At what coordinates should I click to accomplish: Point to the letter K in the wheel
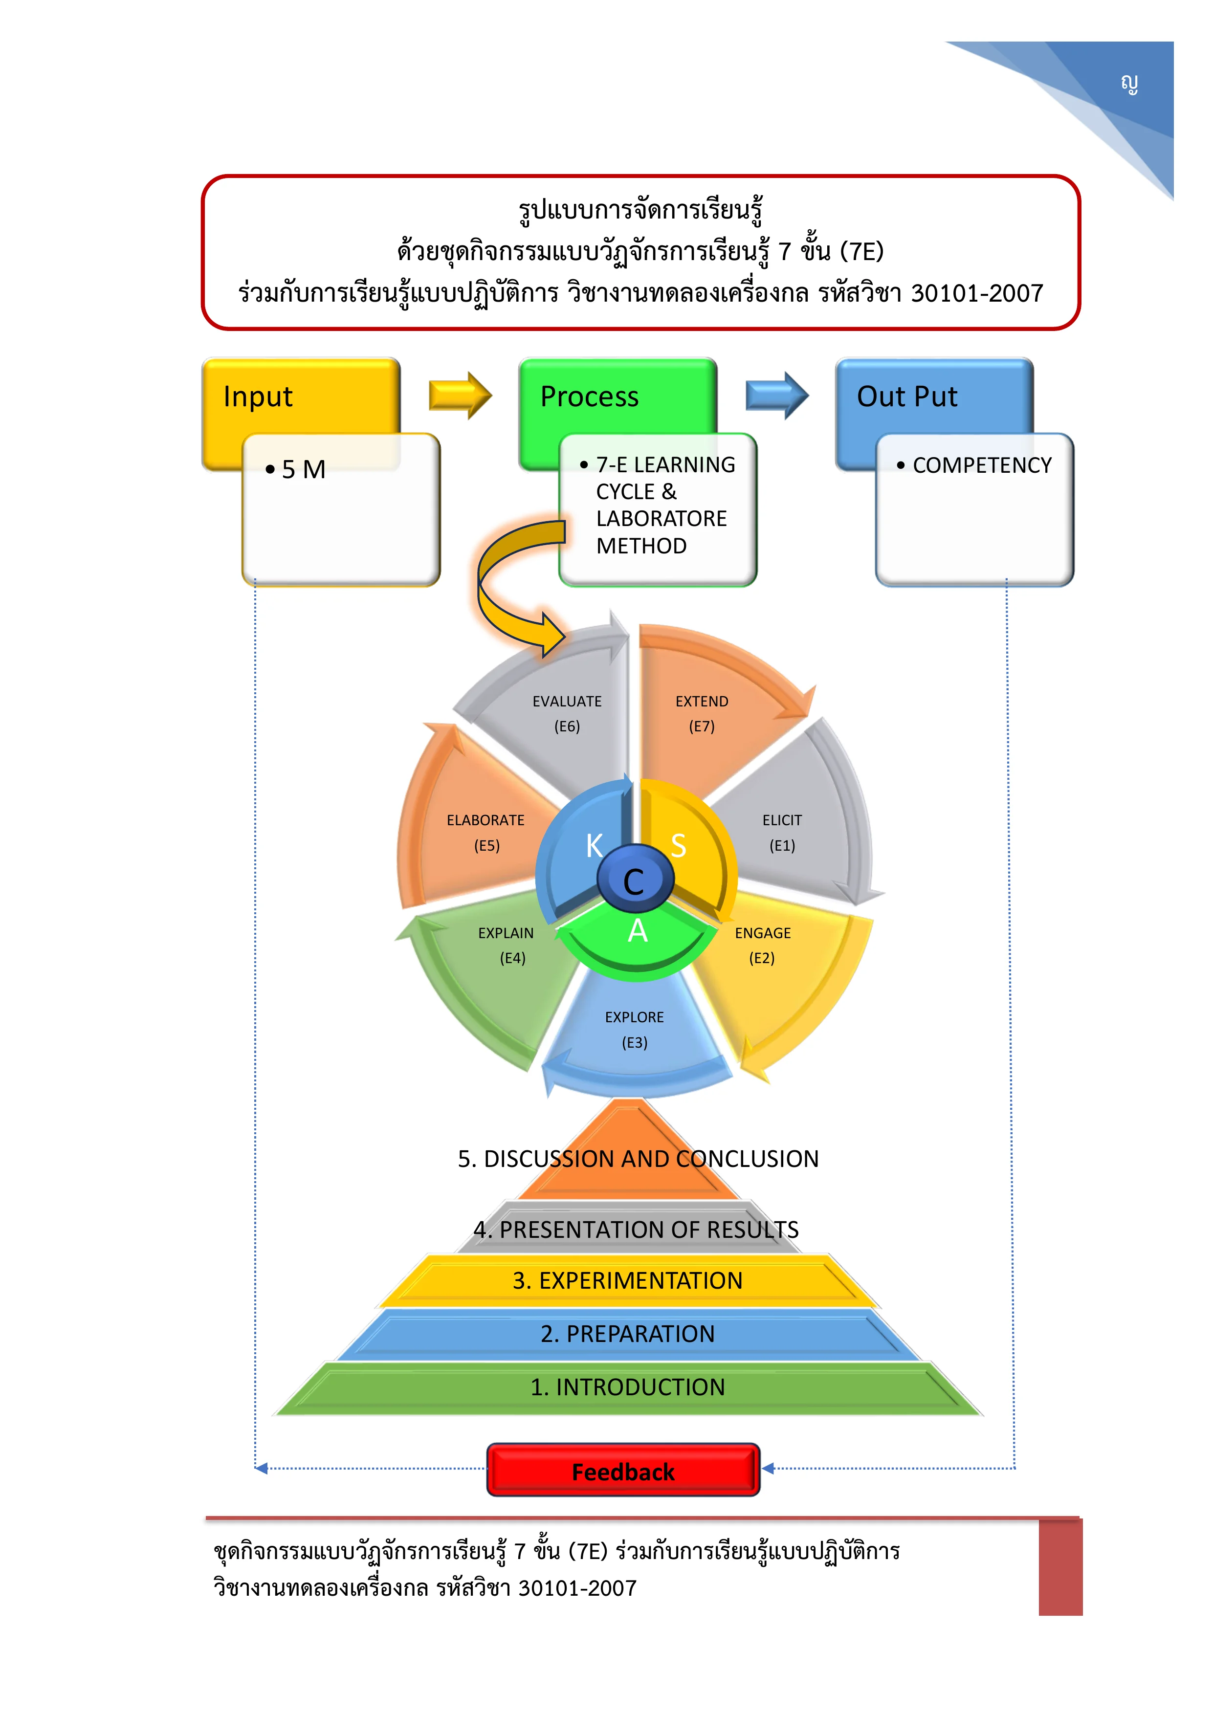point(594,846)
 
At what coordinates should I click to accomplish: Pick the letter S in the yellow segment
point(678,846)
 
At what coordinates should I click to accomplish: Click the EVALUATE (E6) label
point(567,713)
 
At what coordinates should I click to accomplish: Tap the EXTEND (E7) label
point(702,713)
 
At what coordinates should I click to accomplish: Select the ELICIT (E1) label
point(782,832)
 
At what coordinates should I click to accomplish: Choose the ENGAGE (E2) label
point(763,945)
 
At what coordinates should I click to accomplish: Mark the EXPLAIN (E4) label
point(507,945)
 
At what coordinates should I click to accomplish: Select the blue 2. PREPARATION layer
point(627,1333)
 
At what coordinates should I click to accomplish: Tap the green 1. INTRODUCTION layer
point(627,1387)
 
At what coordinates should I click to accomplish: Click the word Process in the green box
point(589,396)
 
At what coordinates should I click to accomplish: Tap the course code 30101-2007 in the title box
point(977,293)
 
